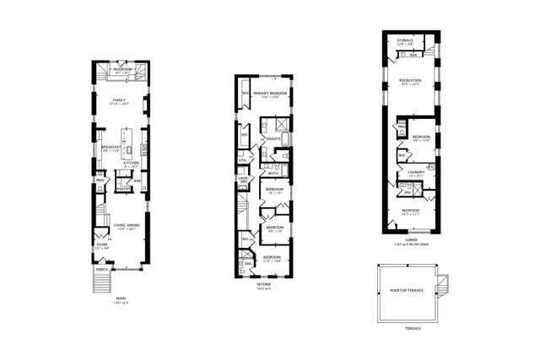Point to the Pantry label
pos(122,190)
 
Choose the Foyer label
pos(102,245)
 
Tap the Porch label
pos(101,270)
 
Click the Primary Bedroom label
pos(269,92)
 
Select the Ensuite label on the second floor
pos(273,138)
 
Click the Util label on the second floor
pos(243,159)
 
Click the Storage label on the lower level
pos(406,40)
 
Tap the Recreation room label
pos(411,81)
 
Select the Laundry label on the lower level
pos(415,173)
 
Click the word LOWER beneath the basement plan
pos(411,239)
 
